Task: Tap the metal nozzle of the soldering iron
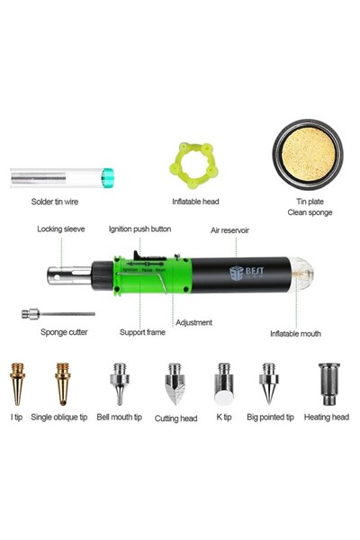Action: click(65, 274)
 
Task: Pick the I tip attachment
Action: click(17, 382)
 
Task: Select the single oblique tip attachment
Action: click(63, 382)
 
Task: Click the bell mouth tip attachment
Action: click(119, 382)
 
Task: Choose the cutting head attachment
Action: click(175, 383)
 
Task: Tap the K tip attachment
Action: click(222, 382)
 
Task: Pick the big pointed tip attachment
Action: click(267, 382)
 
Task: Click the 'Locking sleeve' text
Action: click(61, 229)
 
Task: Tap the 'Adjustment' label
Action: click(193, 322)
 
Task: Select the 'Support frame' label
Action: click(142, 332)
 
